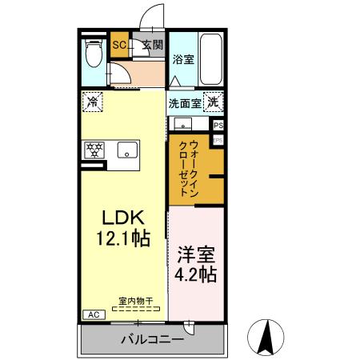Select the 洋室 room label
click(196, 257)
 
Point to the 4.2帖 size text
click(196, 275)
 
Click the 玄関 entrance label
click(152, 46)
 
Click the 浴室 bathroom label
click(182, 59)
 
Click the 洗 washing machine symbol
click(213, 102)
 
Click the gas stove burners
click(94, 149)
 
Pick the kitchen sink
click(126, 149)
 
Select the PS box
click(218, 126)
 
